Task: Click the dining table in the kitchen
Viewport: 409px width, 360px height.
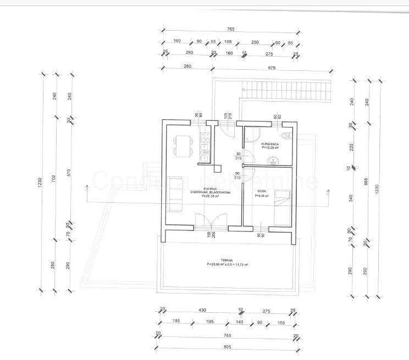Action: [182, 147]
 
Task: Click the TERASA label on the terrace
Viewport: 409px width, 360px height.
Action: [226, 260]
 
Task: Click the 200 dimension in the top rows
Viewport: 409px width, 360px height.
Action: [255, 41]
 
